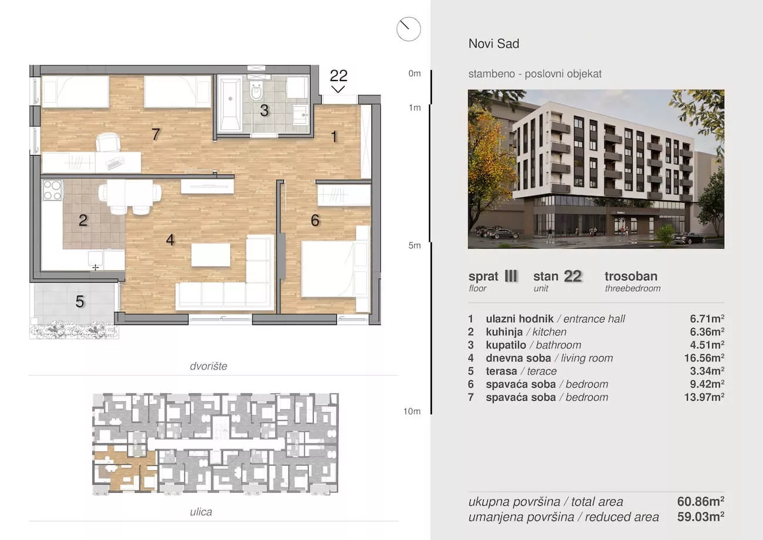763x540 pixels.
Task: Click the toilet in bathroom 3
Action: (256, 90)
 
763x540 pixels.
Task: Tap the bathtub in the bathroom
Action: (230, 105)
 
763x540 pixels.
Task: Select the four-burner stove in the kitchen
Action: (52, 190)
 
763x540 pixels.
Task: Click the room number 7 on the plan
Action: (156, 135)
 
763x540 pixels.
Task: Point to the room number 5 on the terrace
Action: (80, 301)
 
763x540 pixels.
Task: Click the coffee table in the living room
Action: (211, 254)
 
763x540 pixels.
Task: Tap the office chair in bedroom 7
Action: (109, 143)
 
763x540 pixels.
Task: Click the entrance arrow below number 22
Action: (338, 89)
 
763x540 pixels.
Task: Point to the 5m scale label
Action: (414, 246)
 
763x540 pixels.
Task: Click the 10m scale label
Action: (412, 411)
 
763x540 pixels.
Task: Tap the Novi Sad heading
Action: (494, 43)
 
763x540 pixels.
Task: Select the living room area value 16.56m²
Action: (704, 358)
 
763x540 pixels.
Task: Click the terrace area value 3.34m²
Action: (707, 371)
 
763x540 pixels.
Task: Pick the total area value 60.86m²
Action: (701, 501)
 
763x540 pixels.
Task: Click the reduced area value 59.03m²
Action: (701, 517)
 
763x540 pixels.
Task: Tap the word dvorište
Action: (208, 366)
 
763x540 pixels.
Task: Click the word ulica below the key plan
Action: (201, 512)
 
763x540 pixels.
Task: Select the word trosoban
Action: (631, 276)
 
